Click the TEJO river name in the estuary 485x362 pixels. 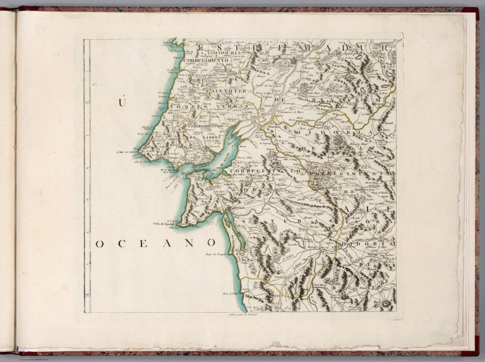(x=228, y=154)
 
